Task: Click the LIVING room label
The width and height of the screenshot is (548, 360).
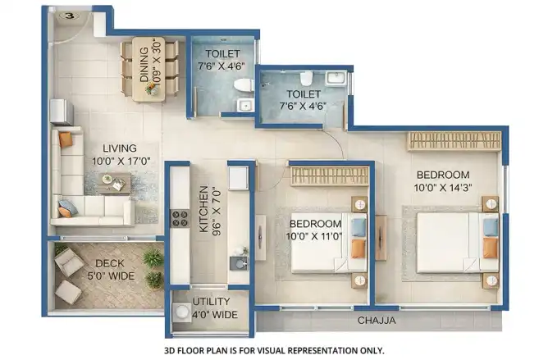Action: click(x=120, y=148)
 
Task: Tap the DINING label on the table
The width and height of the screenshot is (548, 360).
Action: click(x=144, y=65)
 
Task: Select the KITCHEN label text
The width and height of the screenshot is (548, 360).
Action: click(x=203, y=209)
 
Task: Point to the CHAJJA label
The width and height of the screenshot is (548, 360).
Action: click(x=377, y=320)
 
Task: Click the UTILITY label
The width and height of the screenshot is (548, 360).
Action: click(x=211, y=301)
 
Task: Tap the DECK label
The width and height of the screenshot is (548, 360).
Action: click(x=110, y=263)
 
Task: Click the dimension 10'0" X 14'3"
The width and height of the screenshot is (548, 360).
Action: click(x=443, y=188)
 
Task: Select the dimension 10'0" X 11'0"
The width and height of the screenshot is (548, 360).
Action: click(x=313, y=236)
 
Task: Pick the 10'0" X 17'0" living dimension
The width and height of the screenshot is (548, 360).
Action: click(x=121, y=161)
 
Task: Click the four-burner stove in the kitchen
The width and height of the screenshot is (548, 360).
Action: click(x=180, y=218)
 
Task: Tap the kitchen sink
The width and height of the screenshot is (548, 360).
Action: click(x=239, y=263)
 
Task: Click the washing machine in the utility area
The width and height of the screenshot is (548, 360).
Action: click(x=181, y=312)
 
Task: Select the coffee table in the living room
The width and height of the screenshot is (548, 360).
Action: click(x=115, y=183)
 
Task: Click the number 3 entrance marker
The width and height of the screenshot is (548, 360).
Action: click(x=71, y=16)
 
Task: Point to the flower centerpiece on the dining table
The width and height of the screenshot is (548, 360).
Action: click(x=153, y=88)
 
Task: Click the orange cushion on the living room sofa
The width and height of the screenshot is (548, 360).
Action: click(x=66, y=139)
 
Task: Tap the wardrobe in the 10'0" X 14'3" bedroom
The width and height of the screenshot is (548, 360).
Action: click(x=454, y=141)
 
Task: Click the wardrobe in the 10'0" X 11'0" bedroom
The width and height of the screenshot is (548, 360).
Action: click(x=330, y=175)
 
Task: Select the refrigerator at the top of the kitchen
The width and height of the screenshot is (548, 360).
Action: click(x=239, y=178)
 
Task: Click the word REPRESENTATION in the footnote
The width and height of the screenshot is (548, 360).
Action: click(x=326, y=350)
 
